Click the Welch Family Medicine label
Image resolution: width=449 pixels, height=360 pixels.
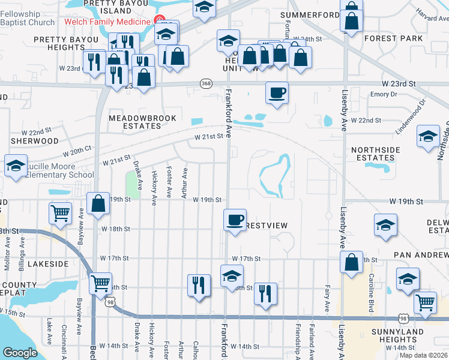click(106, 22)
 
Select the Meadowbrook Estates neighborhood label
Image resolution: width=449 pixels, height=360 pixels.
click(134, 122)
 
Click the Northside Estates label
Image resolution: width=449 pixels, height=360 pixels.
click(373, 154)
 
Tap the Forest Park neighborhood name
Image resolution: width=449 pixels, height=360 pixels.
click(393, 39)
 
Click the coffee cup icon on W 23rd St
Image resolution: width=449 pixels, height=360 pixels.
click(277, 93)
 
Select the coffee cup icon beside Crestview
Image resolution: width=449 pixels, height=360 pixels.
click(235, 219)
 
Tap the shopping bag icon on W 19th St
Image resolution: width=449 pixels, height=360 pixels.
click(98, 203)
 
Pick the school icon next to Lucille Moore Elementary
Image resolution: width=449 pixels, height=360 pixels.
click(16, 166)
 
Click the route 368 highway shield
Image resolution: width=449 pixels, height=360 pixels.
click(206, 83)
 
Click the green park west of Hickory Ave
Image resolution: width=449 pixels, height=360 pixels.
click(132, 185)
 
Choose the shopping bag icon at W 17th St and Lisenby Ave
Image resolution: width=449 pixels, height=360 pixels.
click(352, 262)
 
